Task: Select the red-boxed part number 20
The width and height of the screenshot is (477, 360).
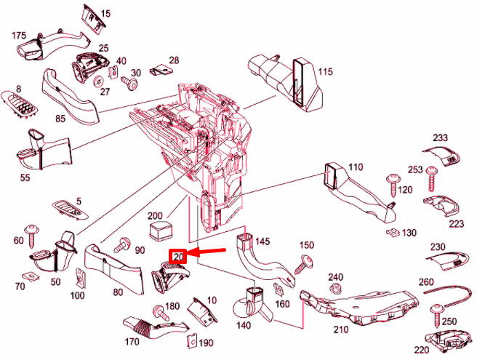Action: (x=178, y=256)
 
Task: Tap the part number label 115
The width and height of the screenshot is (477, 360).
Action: (x=324, y=71)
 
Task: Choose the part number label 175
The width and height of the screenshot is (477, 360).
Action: (x=19, y=35)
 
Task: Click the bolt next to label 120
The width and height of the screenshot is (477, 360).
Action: (x=390, y=181)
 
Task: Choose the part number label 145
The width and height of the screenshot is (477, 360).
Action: (x=262, y=241)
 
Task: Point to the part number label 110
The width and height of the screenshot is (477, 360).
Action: (x=355, y=167)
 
